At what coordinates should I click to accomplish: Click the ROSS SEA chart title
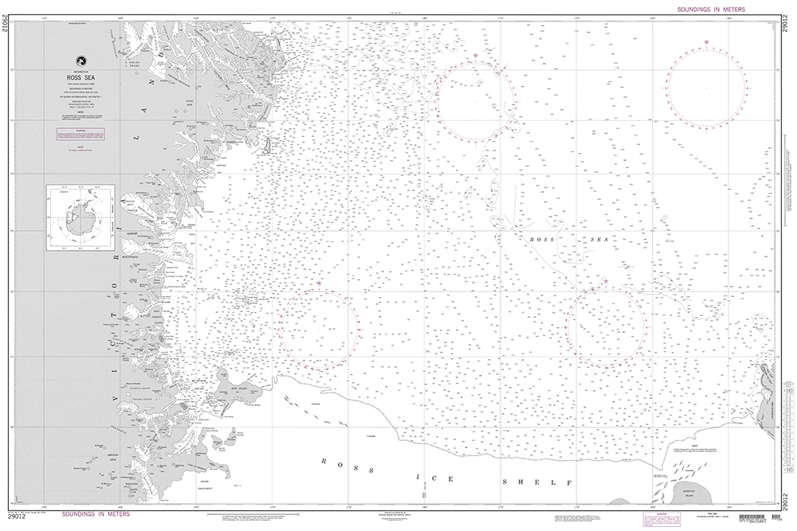[x=80, y=77]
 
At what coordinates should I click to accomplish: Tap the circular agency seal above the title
[x=80, y=61]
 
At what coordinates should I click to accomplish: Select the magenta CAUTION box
[x=80, y=135]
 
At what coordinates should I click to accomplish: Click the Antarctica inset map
[x=79, y=218]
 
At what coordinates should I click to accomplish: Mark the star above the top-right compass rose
[x=706, y=42]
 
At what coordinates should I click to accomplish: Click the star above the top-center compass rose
[x=476, y=55]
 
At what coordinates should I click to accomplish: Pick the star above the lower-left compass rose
[x=320, y=283]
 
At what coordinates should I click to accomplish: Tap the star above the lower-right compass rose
[x=606, y=282]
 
